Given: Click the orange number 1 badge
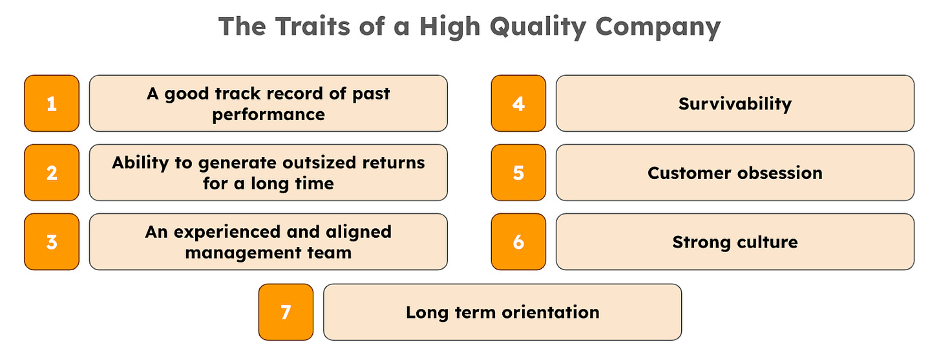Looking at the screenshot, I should coord(52,103).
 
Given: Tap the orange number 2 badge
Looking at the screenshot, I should coord(52,173).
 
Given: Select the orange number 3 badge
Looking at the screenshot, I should coord(52,242).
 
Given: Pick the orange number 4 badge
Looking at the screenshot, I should coord(518,103).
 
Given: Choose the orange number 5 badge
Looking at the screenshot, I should coord(518,173).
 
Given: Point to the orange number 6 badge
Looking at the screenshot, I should coord(518,242).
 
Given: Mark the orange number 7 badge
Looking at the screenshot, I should coord(286,312).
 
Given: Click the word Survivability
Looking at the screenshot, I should coord(735,103).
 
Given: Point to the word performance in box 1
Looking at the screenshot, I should coord(268,114).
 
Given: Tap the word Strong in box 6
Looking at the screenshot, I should coord(699,242).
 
